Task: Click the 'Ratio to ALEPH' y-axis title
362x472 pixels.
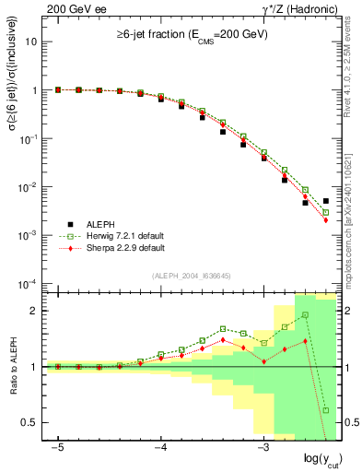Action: (x=12, y=366)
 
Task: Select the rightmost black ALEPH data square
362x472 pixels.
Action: (x=326, y=201)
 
